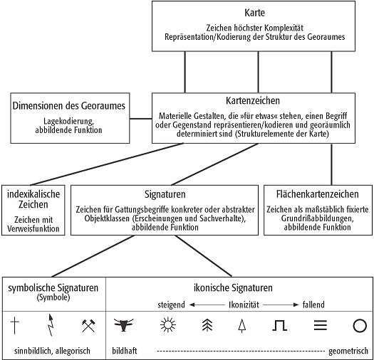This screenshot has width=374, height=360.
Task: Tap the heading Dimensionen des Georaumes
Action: [70, 106]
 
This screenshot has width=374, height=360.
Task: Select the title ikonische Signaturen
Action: [240, 288]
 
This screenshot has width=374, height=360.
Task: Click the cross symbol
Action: [15, 326]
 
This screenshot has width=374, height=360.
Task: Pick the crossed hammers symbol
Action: [88, 326]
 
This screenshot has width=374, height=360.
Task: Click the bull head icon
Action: [125, 326]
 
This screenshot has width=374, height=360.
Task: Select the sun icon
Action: [167, 326]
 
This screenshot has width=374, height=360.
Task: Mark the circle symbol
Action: [359, 326]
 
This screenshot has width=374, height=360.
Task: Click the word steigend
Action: [172, 305]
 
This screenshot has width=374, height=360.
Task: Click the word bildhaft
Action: [126, 351]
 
